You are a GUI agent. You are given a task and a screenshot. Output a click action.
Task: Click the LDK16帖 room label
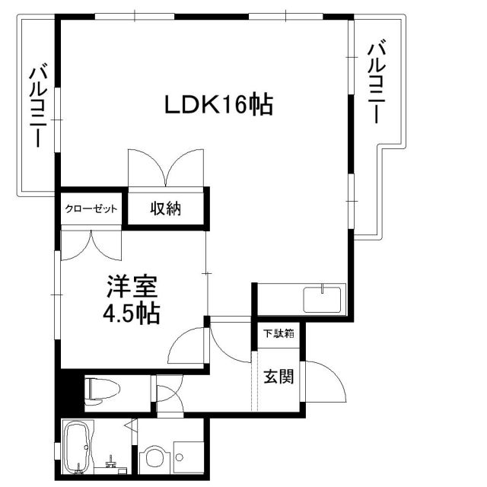pyautogui.click(x=218, y=105)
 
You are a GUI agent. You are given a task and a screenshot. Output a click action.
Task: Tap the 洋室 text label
pyautogui.click(x=132, y=286)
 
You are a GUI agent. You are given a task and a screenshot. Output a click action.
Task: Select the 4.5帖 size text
pyautogui.click(x=132, y=313)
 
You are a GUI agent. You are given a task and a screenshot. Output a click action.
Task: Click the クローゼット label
pyautogui.click(x=91, y=208)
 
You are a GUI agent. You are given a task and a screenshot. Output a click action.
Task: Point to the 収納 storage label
pyautogui.click(x=166, y=208)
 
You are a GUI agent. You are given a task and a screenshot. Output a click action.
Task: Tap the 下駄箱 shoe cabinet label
pyautogui.click(x=279, y=333)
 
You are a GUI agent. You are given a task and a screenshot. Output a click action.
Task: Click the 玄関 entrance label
pyautogui.click(x=279, y=377)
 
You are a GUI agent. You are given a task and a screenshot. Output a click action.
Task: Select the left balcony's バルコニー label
pyautogui.click(x=38, y=105)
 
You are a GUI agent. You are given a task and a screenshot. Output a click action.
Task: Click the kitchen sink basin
pyautogui.click(x=322, y=299)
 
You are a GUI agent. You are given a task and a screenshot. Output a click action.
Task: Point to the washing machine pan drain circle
pyautogui.click(x=180, y=457)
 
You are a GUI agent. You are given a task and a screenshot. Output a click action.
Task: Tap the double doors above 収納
pyautogui.click(x=166, y=167)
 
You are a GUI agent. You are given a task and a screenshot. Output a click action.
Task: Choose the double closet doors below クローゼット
pyautogui.click(x=91, y=245)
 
